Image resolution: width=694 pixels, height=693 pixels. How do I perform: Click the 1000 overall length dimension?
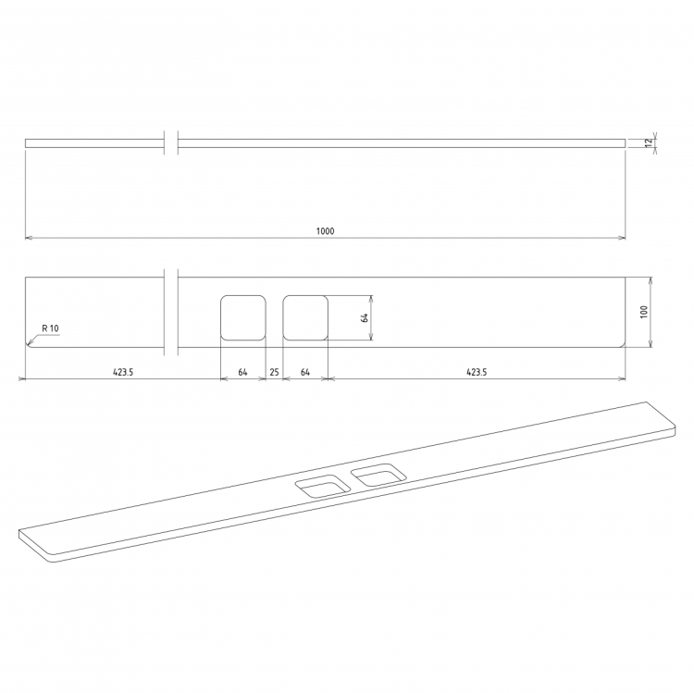click(326, 231)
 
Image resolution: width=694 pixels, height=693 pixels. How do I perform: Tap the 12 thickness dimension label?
click(649, 142)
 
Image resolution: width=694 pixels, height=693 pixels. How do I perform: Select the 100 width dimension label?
click(644, 312)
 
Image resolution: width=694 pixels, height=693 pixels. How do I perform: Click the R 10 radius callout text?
click(50, 328)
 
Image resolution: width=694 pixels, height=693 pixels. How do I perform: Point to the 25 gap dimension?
click(275, 372)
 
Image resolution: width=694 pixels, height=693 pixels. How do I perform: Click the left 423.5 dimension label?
click(123, 372)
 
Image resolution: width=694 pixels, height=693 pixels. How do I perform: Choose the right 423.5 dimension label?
click(477, 372)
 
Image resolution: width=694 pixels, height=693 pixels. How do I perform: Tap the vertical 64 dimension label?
click(365, 317)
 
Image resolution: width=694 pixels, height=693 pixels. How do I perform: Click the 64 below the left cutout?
click(243, 372)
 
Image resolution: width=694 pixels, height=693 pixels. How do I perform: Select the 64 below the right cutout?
click(305, 372)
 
